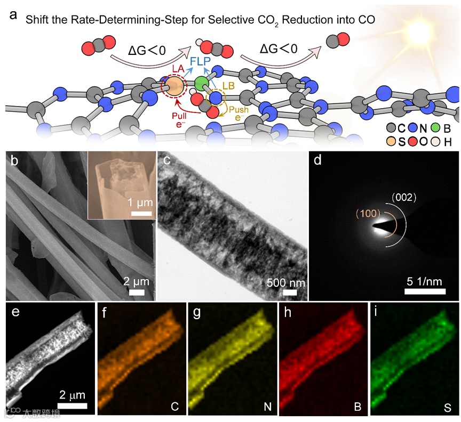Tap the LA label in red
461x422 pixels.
[x=179, y=69]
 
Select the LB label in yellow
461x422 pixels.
[x=231, y=85]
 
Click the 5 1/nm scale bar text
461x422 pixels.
[x=425, y=281]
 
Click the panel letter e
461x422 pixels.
[x=15, y=312]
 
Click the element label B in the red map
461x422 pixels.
[x=357, y=408]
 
